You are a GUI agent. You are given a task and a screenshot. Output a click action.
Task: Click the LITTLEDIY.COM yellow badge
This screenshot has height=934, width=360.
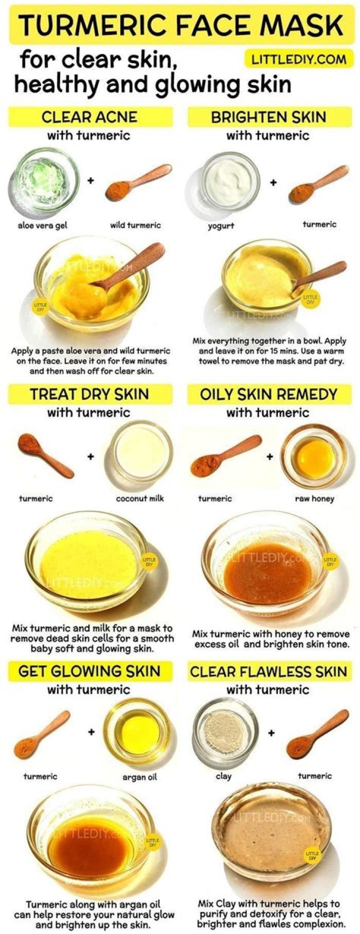(298, 60)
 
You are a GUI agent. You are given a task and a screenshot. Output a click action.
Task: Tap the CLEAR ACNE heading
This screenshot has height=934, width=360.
(89, 118)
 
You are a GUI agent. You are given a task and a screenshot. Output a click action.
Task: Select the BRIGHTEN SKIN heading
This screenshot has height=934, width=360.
(268, 118)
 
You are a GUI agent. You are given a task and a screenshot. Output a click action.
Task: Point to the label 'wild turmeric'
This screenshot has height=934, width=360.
(135, 225)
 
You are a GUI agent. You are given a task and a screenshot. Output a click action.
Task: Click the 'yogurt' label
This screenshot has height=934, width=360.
(221, 226)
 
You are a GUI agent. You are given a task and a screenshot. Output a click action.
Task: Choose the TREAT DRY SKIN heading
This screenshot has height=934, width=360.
(89, 394)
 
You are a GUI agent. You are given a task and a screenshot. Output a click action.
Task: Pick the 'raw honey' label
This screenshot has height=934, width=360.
(314, 498)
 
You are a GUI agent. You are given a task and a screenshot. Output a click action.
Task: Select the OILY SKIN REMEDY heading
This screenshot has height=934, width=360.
(268, 394)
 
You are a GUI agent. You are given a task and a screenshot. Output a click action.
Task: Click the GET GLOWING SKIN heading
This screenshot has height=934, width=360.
(89, 671)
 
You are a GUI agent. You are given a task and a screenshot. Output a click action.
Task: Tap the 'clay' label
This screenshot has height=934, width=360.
(223, 776)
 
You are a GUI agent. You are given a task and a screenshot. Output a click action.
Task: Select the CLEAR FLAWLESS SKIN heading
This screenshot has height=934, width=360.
(268, 671)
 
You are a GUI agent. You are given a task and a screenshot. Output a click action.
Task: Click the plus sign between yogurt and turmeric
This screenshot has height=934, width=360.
(273, 183)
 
